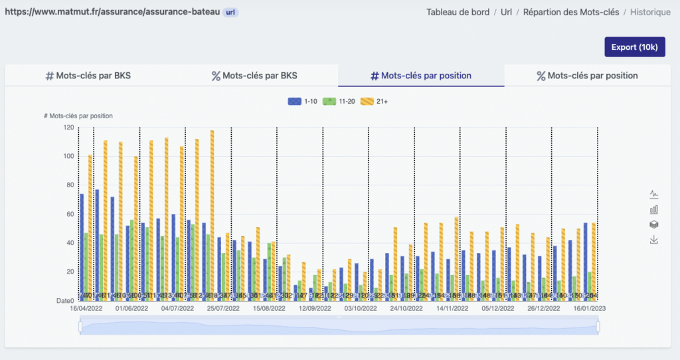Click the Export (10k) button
(634, 47)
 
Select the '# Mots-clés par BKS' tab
(88, 76)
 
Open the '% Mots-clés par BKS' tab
(254, 76)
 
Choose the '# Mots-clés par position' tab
(421, 76)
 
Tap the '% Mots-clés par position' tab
(587, 76)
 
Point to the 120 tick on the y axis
(68, 127)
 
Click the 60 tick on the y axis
(70, 214)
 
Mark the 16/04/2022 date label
(81, 309)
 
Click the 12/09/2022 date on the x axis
(315, 309)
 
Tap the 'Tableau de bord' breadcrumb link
(458, 12)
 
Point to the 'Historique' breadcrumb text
(650, 12)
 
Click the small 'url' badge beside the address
(229, 12)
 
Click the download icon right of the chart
(654, 240)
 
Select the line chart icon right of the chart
(654, 194)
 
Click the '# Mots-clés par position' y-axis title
(78, 116)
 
